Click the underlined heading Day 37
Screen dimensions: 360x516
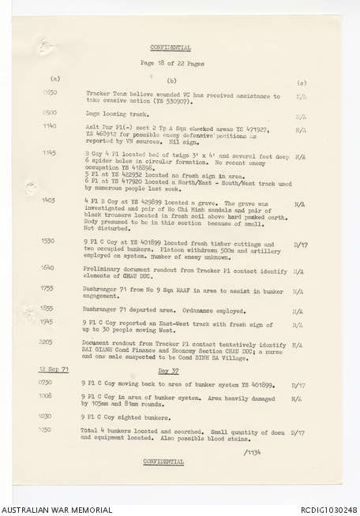[x=168, y=370]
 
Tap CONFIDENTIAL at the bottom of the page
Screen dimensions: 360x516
[x=164, y=462]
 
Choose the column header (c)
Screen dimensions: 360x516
[x=301, y=81]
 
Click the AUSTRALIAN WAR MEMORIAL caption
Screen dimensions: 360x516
[x=58, y=509]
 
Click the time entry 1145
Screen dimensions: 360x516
[x=49, y=152]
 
